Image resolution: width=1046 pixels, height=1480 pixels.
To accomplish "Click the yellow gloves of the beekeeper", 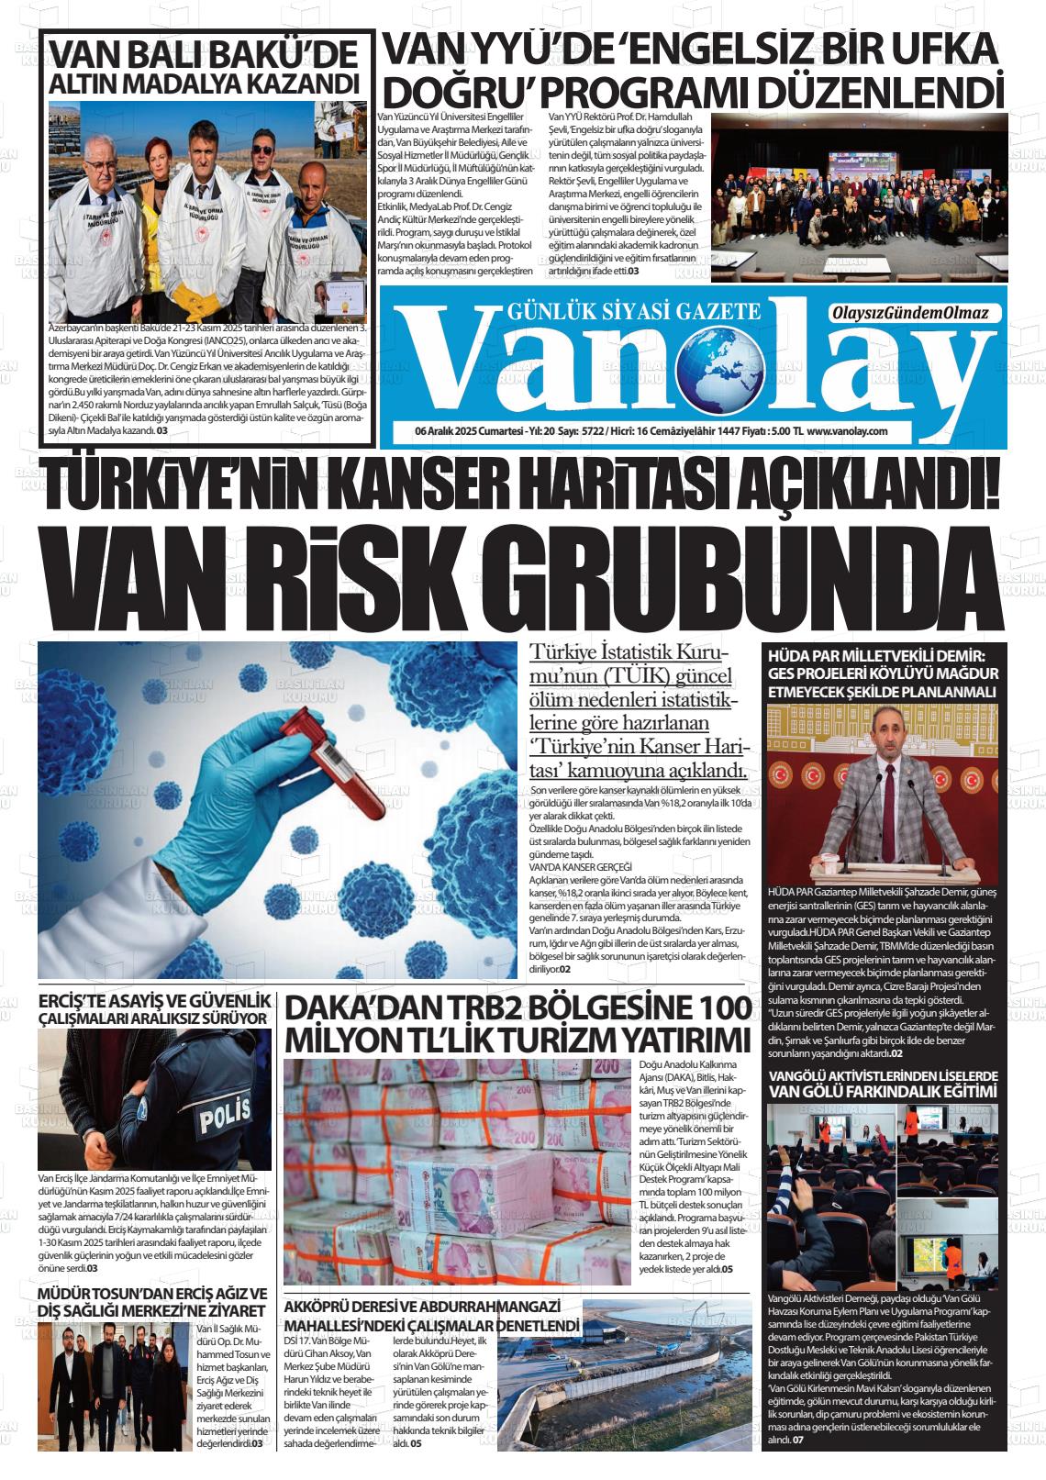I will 195,291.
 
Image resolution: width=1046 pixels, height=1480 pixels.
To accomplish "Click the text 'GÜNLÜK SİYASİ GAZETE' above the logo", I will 633,311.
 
